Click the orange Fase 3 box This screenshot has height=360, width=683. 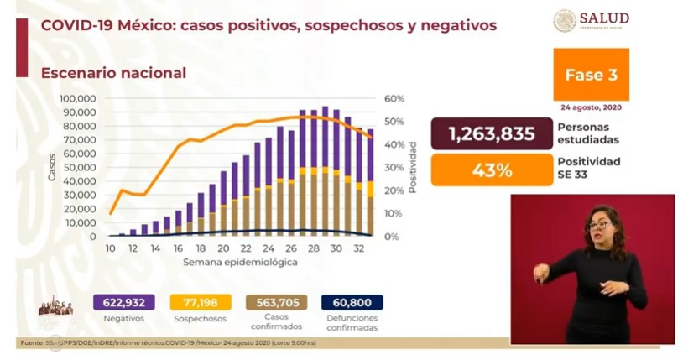pyautogui.click(x=591, y=75)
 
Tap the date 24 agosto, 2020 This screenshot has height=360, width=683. pyautogui.click(x=591, y=107)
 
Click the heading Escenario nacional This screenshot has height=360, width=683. pyautogui.click(x=113, y=73)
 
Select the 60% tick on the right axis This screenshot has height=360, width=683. pyautogui.click(x=394, y=98)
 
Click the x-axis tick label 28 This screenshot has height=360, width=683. pyautogui.click(x=313, y=248)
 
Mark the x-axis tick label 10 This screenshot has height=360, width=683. pyautogui.click(x=110, y=248)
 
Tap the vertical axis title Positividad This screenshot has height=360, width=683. pyautogui.click(x=413, y=167)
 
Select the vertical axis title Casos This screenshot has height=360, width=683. pyautogui.click(x=52, y=168)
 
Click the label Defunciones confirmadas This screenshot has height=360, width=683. pyautogui.click(x=351, y=322)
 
